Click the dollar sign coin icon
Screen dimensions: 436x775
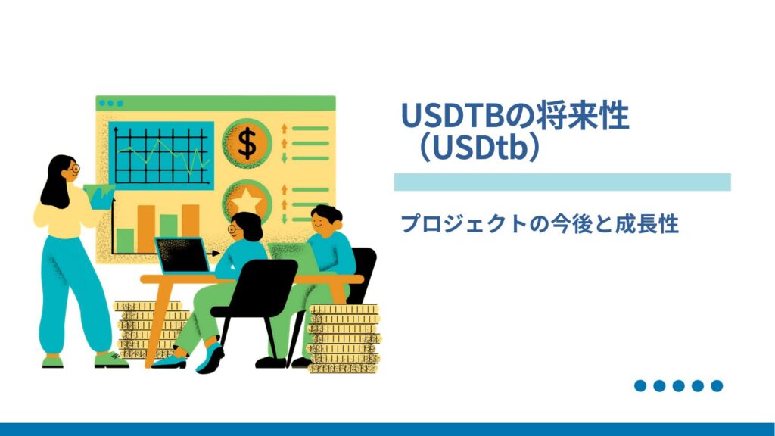click(x=247, y=143)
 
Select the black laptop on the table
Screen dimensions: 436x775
click(x=182, y=256)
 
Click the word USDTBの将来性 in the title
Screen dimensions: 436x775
click(x=515, y=117)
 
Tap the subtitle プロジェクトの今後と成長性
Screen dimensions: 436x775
click(x=540, y=223)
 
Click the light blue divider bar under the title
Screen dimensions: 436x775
click(x=562, y=182)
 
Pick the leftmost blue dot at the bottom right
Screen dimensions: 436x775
click(x=640, y=386)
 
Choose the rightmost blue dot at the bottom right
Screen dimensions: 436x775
click(x=717, y=386)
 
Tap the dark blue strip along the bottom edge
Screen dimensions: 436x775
click(x=387, y=429)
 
